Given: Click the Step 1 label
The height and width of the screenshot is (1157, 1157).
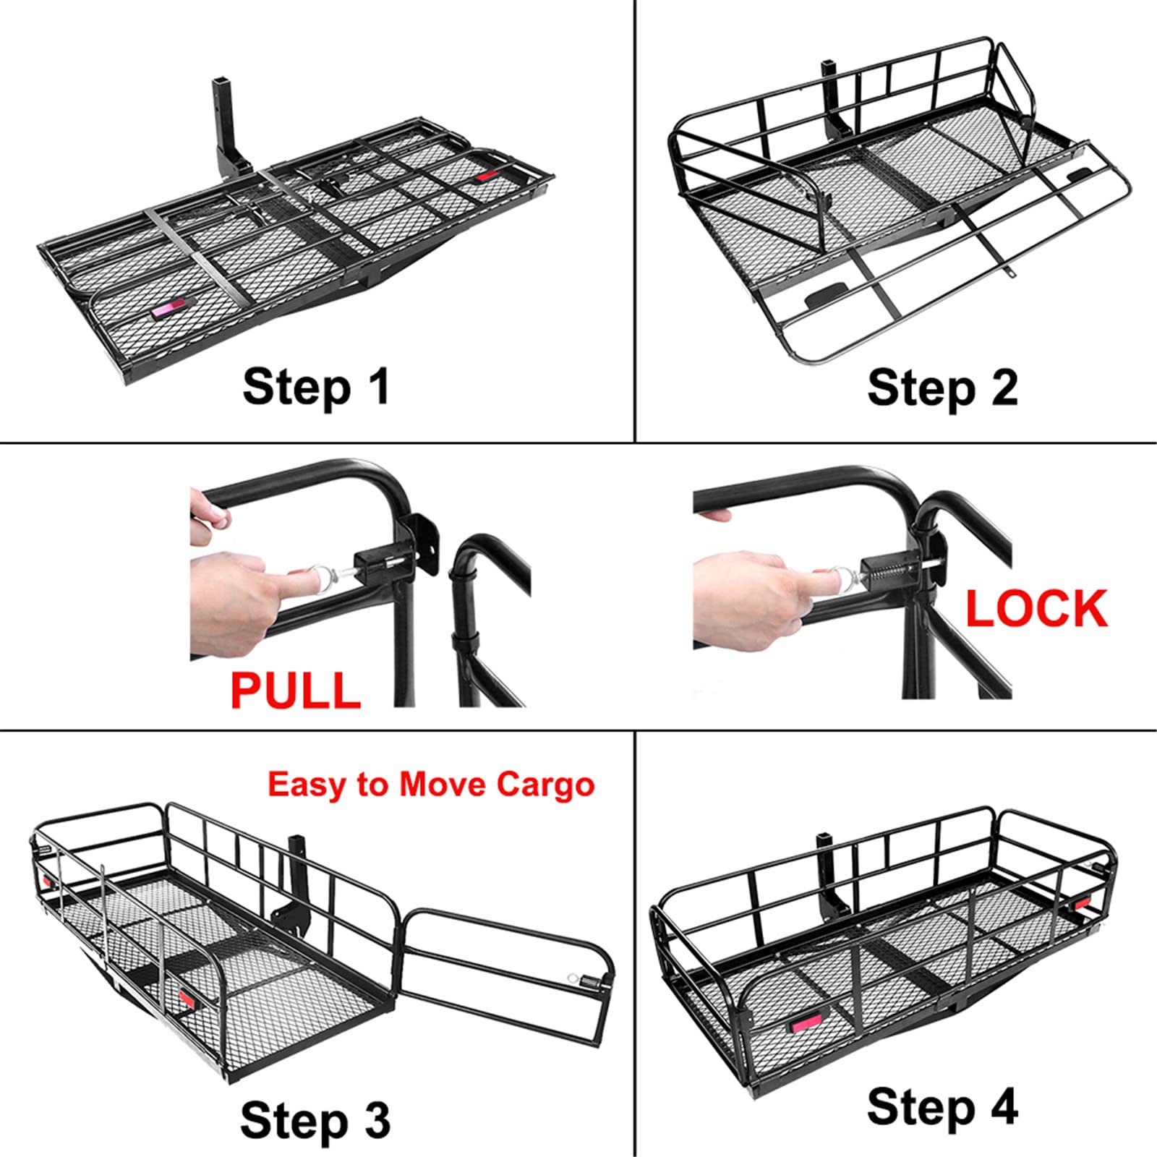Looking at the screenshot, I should click(316, 387).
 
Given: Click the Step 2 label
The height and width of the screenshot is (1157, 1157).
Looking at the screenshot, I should click(942, 388).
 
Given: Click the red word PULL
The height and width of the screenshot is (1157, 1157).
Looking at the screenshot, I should click(296, 690).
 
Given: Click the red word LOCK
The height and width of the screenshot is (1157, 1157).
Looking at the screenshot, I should click(1036, 609).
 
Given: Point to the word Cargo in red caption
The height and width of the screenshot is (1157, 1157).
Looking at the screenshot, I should click(545, 785).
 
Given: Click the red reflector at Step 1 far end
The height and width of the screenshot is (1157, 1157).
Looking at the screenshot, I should click(489, 176).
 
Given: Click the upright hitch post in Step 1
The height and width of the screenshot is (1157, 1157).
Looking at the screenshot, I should click(221, 119).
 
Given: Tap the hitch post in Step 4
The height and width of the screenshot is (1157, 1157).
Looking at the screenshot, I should click(825, 861).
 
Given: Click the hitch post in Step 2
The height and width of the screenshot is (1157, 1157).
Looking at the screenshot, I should click(830, 94).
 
